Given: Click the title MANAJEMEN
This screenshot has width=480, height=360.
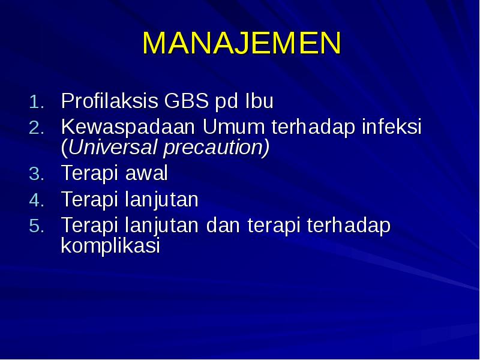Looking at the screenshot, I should (x=242, y=43).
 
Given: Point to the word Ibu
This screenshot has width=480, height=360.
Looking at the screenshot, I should (x=259, y=101).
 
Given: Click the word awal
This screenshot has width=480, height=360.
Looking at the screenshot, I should (x=147, y=173).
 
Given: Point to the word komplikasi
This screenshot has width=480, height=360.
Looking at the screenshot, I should (x=110, y=246).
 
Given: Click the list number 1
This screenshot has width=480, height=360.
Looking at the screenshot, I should (x=36, y=103).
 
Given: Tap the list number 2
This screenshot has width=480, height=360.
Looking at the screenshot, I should (x=36, y=128).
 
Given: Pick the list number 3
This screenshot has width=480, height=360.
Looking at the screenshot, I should (x=36, y=175).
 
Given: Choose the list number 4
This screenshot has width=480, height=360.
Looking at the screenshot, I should (x=36, y=200).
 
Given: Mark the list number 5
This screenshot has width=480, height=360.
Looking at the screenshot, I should (x=36, y=227).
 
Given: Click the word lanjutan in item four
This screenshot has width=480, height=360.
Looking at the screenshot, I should (x=162, y=200).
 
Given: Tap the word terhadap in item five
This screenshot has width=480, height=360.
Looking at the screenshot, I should (x=349, y=226).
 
